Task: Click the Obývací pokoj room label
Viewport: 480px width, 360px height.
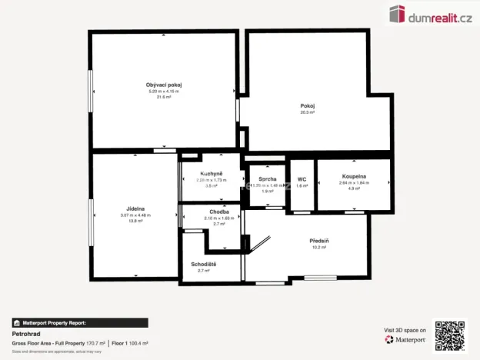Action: [163, 85]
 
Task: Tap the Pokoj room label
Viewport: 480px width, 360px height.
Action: [308, 105]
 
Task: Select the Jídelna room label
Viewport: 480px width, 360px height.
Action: [135, 208]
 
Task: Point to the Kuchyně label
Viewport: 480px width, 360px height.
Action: [212, 174]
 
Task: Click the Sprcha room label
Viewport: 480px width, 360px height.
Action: [267, 179]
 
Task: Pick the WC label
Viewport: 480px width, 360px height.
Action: [302, 179]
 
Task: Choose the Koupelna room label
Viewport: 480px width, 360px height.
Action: [354, 176]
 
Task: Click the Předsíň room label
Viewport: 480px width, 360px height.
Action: [320, 241]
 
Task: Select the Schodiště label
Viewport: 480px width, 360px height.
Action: [204, 265]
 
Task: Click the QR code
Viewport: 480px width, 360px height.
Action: [449, 335]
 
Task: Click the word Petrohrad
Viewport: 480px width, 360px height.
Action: [27, 335]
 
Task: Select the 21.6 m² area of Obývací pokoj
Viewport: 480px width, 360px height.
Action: [163, 97]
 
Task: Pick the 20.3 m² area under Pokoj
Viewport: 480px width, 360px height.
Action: [308, 112]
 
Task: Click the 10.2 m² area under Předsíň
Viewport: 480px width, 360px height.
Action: [320, 248]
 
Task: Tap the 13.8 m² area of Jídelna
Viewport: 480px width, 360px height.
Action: [135, 222]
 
